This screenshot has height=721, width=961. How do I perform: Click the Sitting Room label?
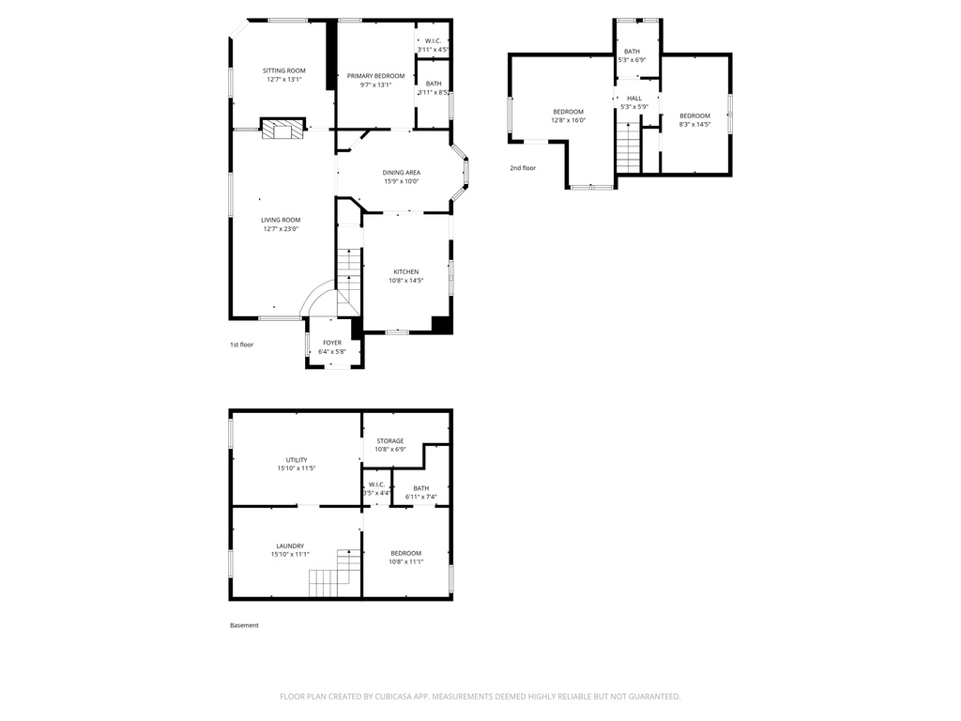click(x=283, y=70)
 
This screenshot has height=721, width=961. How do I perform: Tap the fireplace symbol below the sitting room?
click(x=282, y=130)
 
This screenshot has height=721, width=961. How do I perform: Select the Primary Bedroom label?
click(x=375, y=76)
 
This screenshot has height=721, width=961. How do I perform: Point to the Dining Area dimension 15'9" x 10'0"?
click(x=401, y=181)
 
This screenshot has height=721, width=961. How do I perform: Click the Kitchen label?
click(x=405, y=271)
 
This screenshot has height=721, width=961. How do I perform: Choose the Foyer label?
click(x=332, y=343)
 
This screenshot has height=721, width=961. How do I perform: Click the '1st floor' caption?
click(x=241, y=345)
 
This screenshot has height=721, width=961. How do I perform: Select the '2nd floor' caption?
click(x=523, y=168)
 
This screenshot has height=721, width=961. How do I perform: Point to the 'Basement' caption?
click(x=244, y=625)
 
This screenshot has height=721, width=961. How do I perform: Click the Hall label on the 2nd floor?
click(x=634, y=98)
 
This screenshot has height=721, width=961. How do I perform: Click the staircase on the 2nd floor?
click(x=628, y=146)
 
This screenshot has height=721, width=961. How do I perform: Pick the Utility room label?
click(x=297, y=460)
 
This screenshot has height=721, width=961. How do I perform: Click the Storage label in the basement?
click(x=390, y=440)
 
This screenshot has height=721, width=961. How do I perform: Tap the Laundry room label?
click(x=290, y=545)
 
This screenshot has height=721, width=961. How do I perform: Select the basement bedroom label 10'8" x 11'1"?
click(x=405, y=553)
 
